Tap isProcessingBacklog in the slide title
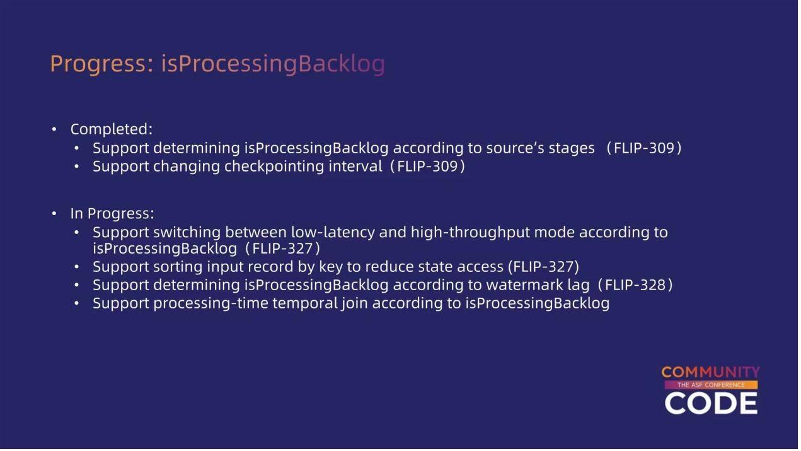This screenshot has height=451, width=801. pyautogui.click(x=273, y=64)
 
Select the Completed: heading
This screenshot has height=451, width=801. pyautogui.click(x=111, y=129)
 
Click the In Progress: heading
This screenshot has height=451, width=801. pyautogui.click(x=112, y=214)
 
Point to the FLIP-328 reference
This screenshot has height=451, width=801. pyautogui.click(x=635, y=285)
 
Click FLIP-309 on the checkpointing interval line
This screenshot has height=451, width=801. pyautogui.click(x=427, y=167)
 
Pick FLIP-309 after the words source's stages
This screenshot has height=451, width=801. pyautogui.click(x=644, y=148)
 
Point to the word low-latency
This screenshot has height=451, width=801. pyautogui.click(x=333, y=233)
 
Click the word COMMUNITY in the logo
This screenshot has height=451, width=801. pyautogui.click(x=710, y=373)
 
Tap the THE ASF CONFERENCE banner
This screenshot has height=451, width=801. pyautogui.click(x=711, y=385)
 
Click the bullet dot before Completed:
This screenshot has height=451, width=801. pyautogui.click(x=54, y=129)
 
